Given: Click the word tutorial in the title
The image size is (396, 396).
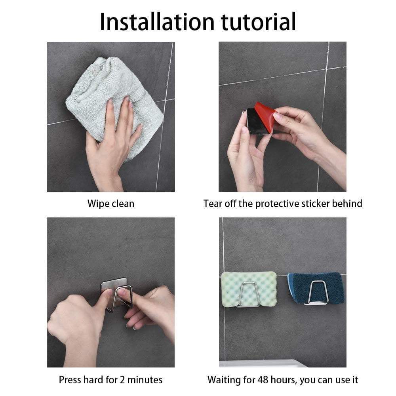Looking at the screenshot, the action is click(258, 22).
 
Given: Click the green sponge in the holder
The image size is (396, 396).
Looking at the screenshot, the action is click(249, 289).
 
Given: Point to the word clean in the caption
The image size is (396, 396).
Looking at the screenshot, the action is click(122, 204).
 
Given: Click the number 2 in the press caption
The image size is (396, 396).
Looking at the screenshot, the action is click(122, 380).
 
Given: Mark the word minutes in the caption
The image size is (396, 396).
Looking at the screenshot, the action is click(145, 380).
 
